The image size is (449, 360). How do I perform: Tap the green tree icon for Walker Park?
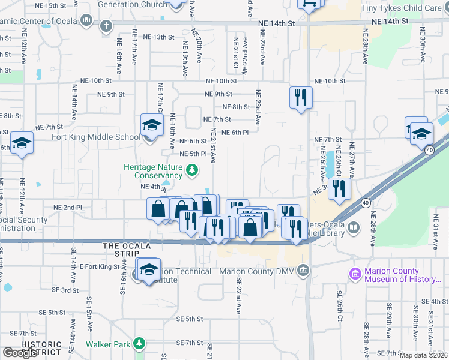139,344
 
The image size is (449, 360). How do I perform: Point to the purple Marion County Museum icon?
356,274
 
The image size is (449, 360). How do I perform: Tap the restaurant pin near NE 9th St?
300,97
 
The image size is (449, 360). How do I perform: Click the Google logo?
20,353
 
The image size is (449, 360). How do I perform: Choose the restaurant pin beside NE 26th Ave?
339,188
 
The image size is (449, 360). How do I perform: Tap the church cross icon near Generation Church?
106,26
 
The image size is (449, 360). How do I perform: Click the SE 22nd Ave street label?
238,296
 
